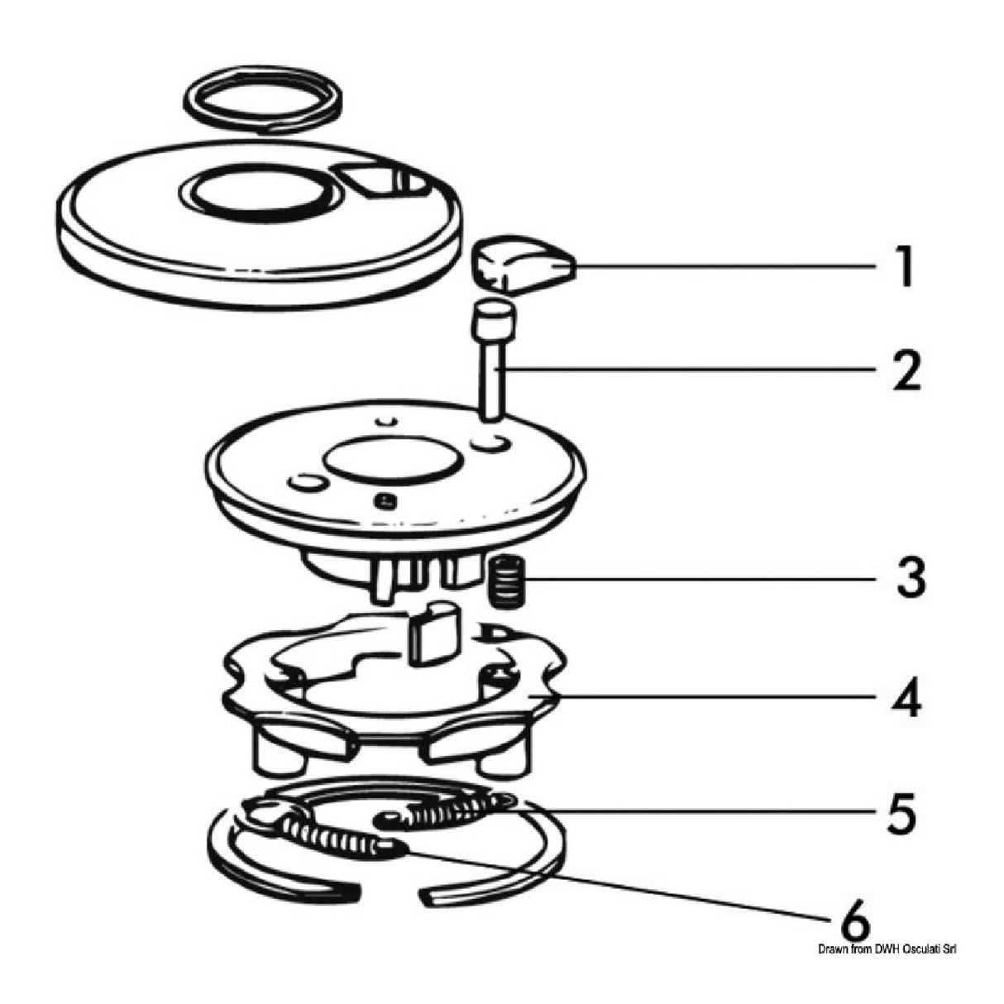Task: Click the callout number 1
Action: (x=906, y=267)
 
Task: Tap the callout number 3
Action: (x=910, y=578)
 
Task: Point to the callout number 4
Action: (x=908, y=699)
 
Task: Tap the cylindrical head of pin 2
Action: (x=495, y=319)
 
